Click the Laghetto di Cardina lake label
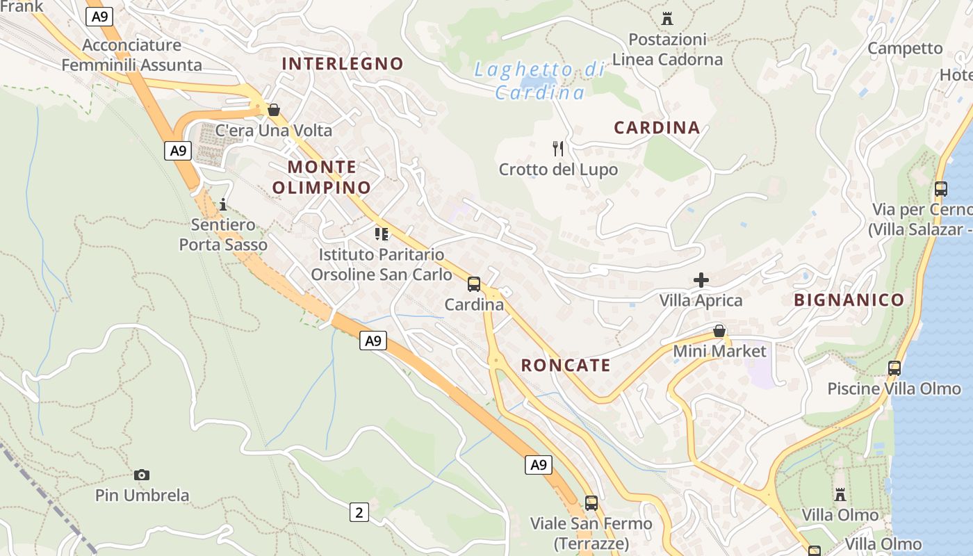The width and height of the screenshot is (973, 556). (539, 81)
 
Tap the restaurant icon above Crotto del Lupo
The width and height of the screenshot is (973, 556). (557, 148)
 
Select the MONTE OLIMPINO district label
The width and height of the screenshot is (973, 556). (321, 177)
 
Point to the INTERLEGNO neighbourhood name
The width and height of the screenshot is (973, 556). (342, 64)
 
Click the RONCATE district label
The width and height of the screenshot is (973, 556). (566, 366)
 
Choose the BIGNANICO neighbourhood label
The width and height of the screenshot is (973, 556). (849, 300)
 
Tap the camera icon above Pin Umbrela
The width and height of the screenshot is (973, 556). (142, 475)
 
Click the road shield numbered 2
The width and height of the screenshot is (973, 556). (359, 513)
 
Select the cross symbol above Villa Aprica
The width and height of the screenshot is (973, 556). (701, 280)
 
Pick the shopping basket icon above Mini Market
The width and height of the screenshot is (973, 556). (719, 331)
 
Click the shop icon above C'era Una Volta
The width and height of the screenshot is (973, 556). (274, 110)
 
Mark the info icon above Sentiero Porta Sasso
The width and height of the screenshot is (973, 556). (223, 204)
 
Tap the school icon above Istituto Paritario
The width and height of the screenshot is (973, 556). (381, 234)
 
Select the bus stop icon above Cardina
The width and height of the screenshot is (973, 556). (474, 284)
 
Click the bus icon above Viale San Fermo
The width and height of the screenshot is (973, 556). (591, 502)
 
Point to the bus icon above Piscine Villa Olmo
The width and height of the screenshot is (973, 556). (894, 368)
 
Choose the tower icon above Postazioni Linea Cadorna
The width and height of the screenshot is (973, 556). (667, 18)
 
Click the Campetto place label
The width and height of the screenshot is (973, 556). (905, 49)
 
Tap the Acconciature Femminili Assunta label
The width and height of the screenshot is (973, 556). (132, 56)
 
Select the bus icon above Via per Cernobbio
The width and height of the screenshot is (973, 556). (941, 188)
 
